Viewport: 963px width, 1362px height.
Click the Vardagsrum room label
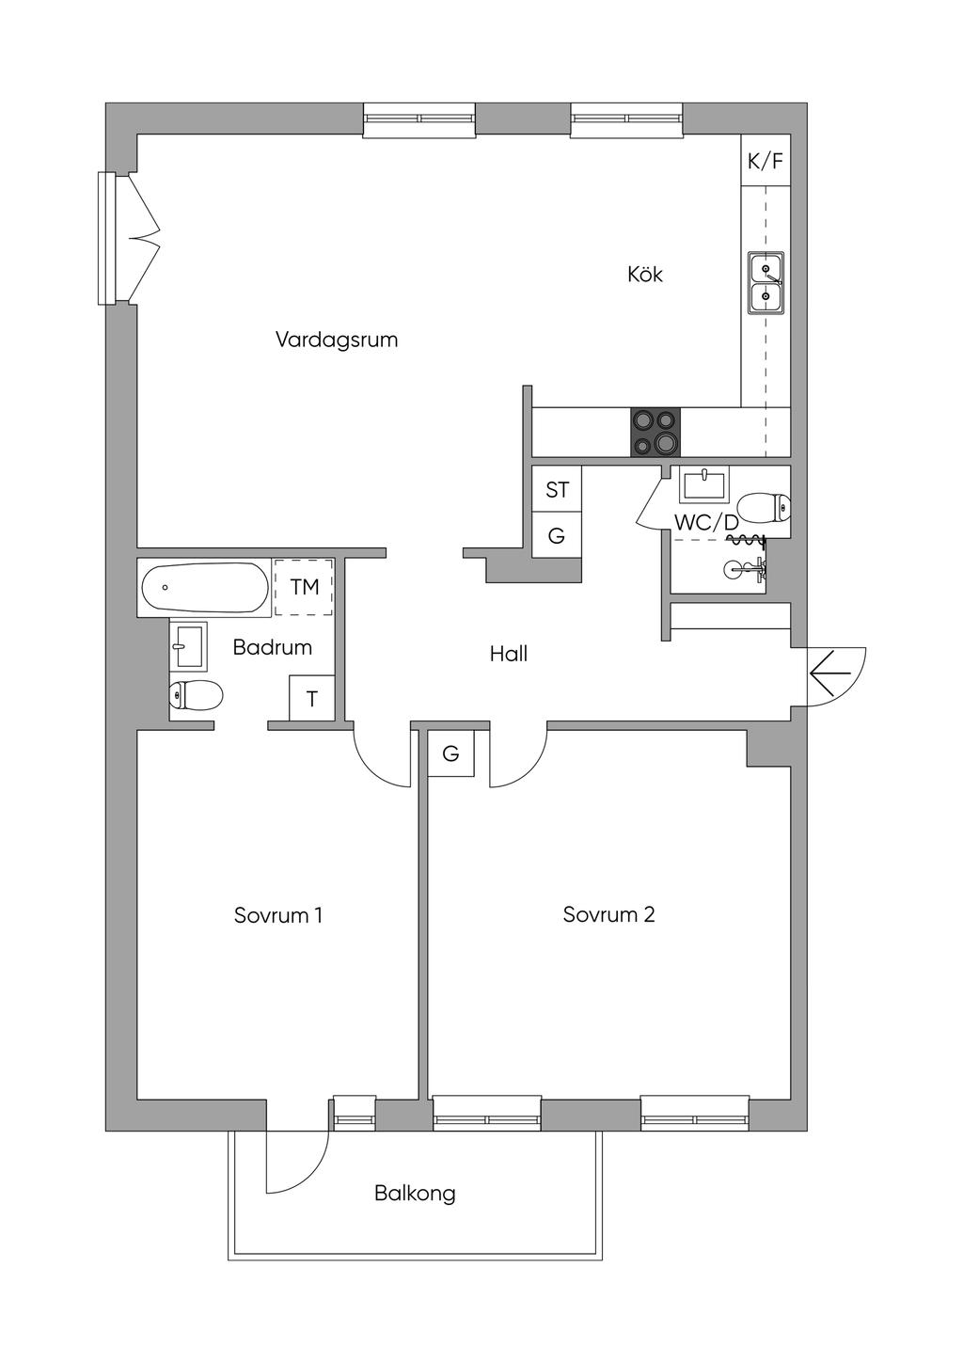pos(337,340)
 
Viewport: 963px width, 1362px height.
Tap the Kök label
pos(645,275)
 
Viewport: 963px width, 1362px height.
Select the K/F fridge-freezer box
pos(766,161)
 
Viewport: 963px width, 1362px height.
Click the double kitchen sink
pos(766,283)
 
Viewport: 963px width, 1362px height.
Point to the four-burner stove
pos(655,432)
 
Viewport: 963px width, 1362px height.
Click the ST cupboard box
pos(557,489)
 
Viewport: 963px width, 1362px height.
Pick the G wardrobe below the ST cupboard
pos(557,535)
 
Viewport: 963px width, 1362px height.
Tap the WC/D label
pos(706,522)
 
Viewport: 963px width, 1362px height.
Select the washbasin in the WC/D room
pos(703,485)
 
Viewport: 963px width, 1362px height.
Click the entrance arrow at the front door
pos(830,673)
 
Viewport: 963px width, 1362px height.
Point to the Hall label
pos(509,654)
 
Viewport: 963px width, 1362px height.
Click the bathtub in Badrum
pos(204,587)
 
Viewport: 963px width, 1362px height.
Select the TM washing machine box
pos(304,587)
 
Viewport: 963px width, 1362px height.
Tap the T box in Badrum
pos(312,698)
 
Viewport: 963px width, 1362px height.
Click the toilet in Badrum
pos(196,694)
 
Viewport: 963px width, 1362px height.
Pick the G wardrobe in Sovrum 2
pos(450,754)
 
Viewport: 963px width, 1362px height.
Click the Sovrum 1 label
pos(278,915)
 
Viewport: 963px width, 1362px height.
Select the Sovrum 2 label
pos(609,914)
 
